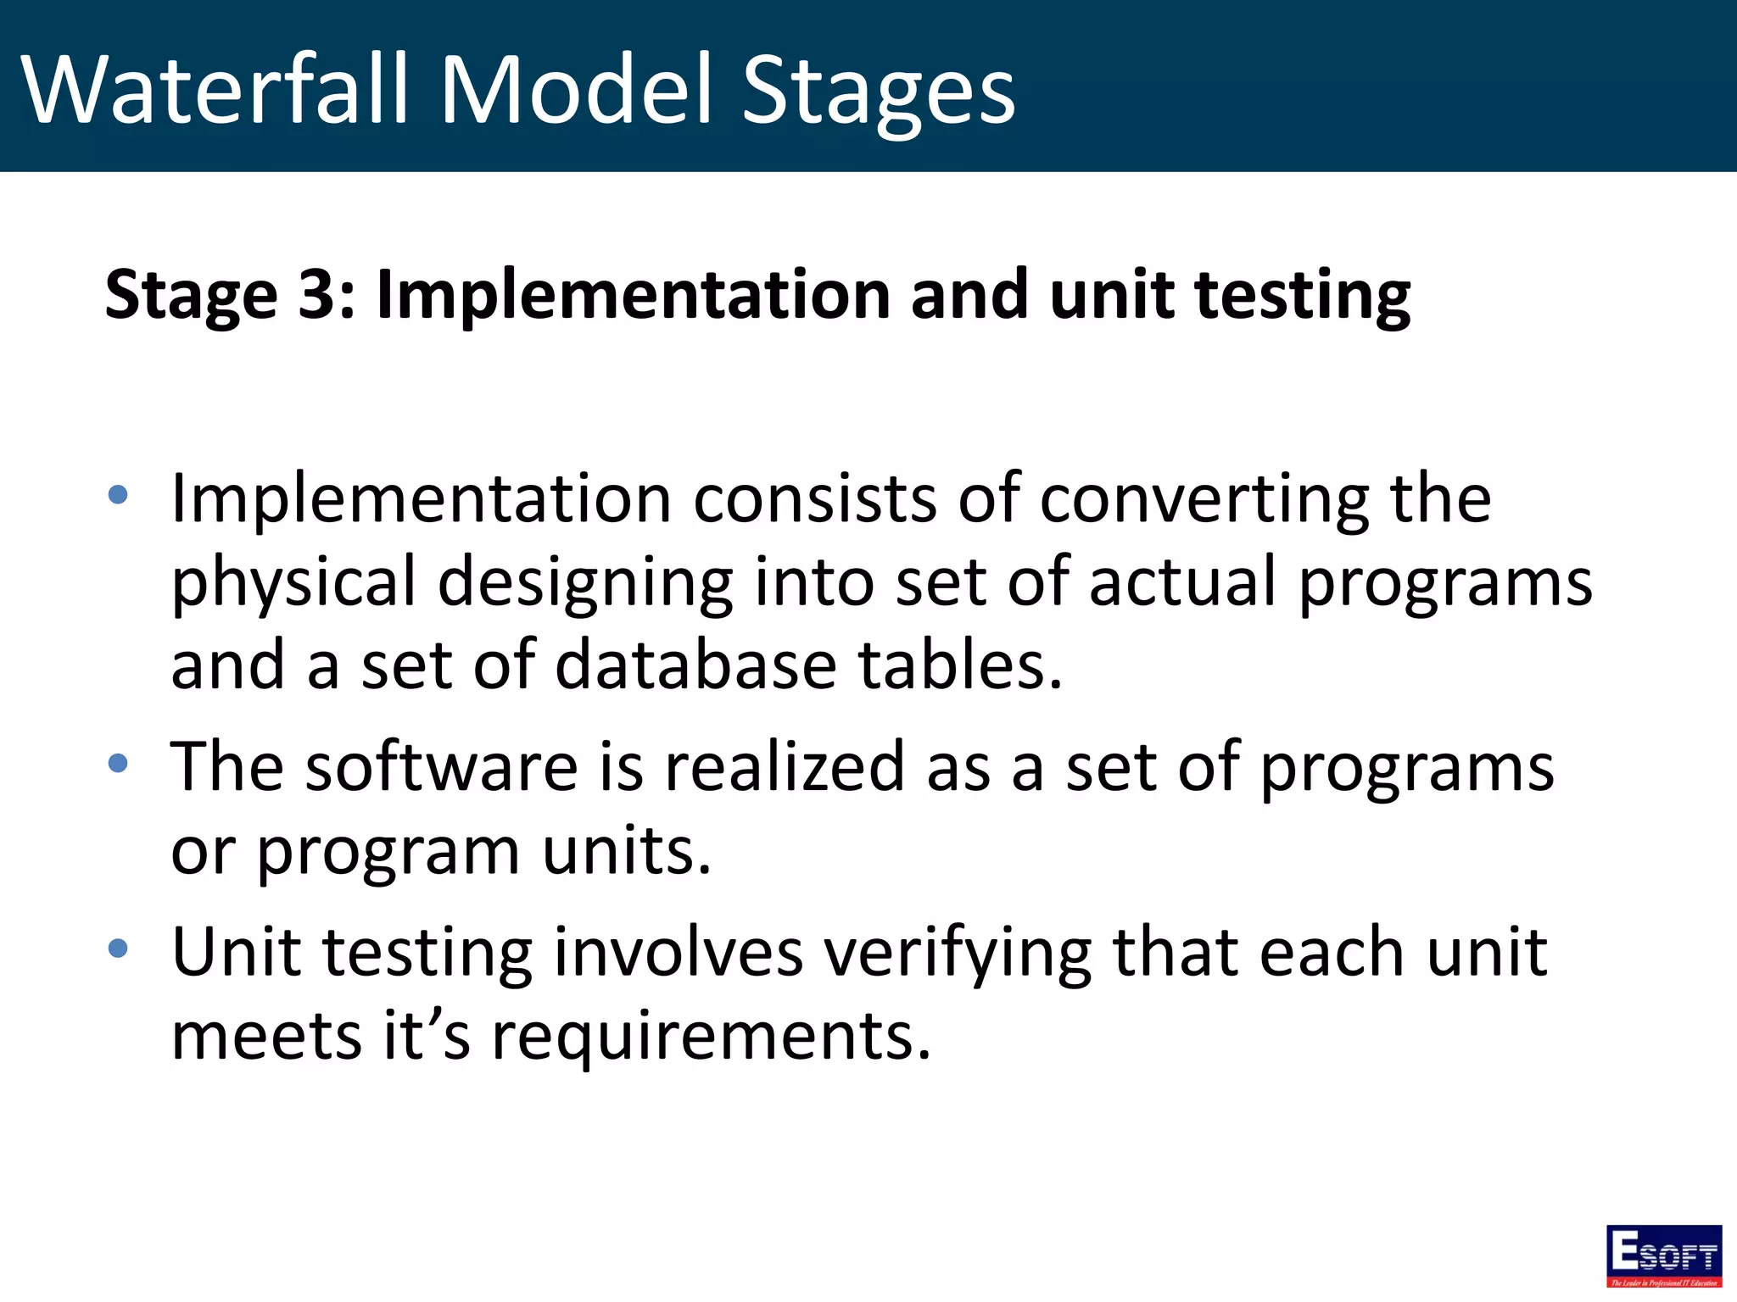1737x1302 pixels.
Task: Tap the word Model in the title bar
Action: pyautogui.click(x=577, y=89)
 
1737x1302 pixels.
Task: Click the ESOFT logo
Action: pyautogui.click(x=1663, y=1255)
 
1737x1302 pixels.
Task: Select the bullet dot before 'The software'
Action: pyautogui.click(x=118, y=764)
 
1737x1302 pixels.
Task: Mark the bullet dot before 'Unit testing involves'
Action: pyautogui.click(x=118, y=948)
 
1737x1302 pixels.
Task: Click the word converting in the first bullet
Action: pyautogui.click(x=1204, y=500)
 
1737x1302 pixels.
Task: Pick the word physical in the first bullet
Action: pyautogui.click(x=293, y=583)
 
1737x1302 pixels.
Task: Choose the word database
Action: pyautogui.click(x=695, y=665)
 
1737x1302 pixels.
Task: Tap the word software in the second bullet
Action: pyautogui.click(x=441, y=767)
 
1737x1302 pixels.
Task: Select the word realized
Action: pyautogui.click(x=785, y=767)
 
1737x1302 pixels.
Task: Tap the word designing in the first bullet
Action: pyautogui.click(x=585, y=583)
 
